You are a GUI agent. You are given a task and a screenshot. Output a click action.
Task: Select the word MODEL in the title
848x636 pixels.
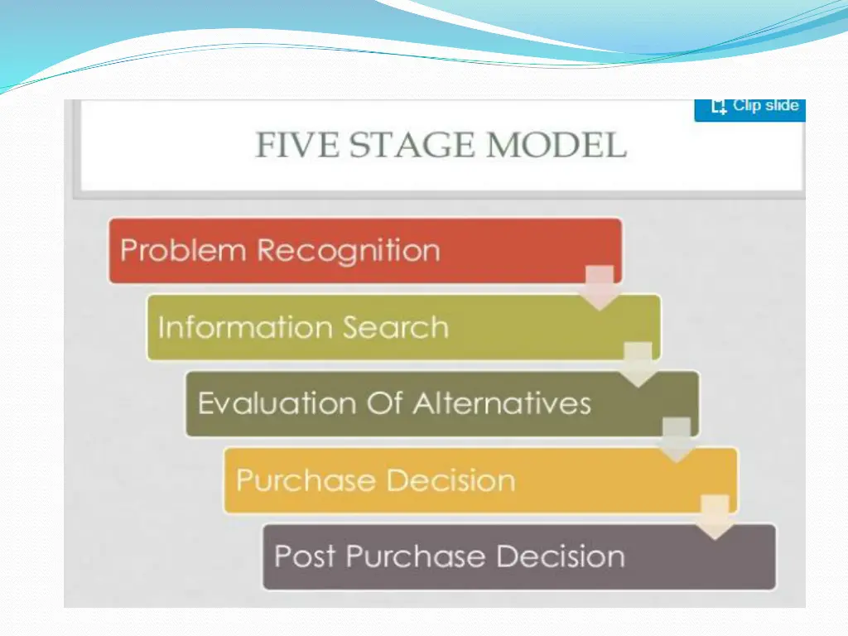[x=556, y=146]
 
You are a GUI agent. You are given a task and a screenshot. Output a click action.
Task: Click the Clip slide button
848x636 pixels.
[x=749, y=107]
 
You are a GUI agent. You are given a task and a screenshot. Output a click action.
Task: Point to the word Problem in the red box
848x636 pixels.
[x=184, y=250]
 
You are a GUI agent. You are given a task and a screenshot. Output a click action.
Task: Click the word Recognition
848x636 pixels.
[x=348, y=250]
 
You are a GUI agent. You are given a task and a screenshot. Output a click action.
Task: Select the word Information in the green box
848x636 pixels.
[x=244, y=327]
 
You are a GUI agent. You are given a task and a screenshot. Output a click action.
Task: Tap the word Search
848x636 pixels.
[x=395, y=327]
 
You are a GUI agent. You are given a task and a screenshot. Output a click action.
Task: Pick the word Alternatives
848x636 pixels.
[x=503, y=403]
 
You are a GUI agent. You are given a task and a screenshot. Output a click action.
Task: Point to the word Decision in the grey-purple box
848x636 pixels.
[x=557, y=556]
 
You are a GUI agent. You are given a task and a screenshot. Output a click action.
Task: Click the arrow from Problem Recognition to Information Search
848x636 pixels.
[x=600, y=287]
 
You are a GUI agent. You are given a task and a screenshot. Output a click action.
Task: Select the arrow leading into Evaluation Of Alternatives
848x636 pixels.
[x=638, y=364]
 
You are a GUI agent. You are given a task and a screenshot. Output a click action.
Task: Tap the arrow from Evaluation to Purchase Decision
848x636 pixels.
[x=676, y=441]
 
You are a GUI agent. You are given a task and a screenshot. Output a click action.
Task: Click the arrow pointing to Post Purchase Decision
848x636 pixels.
[x=714, y=518]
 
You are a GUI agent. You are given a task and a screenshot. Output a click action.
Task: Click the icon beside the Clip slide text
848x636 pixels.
[x=718, y=107]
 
